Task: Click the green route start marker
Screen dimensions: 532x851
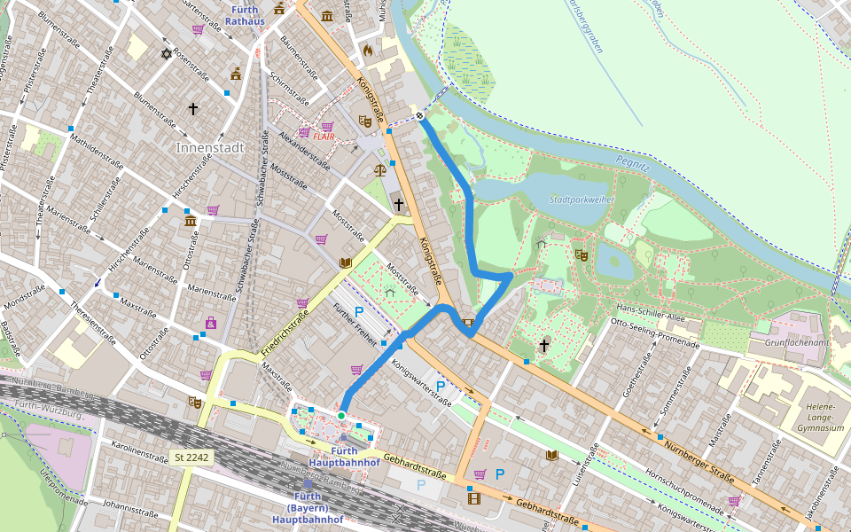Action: tap(340, 415)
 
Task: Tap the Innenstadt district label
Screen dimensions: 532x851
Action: tap(210, 147)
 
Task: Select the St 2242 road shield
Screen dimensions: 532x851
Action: tap(191, 458)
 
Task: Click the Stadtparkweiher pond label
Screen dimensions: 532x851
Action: tap(582, 200)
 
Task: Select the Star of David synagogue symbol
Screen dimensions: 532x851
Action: tap(166, 54)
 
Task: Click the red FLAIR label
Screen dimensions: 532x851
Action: tap(329, 137)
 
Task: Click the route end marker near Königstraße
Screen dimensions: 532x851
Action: tap(420, 115)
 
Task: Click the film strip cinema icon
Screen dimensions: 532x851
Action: tap(473, 498)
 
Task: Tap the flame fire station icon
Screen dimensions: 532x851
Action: tap(367, 51)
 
